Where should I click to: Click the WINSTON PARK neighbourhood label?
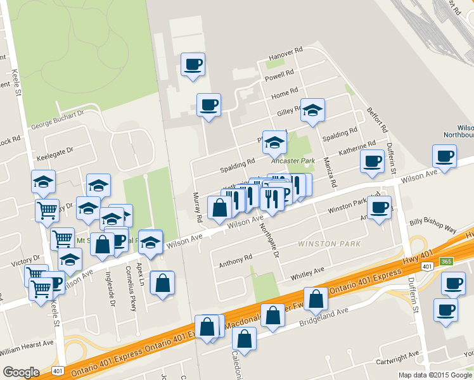[x=329, y=244]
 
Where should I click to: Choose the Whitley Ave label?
[x=307, y=274]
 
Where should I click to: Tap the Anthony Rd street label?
[x=235, y=260]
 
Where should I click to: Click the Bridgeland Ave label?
[x=325, y=316]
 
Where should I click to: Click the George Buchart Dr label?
[x=57, y=115]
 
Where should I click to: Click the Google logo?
[x=21, y=372]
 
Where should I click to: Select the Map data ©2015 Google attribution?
[x=436, y=375]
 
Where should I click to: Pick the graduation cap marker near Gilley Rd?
[x=312, y=110]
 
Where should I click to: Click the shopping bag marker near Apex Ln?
[x=163, y=284]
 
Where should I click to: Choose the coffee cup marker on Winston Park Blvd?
[x=380, y=207]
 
